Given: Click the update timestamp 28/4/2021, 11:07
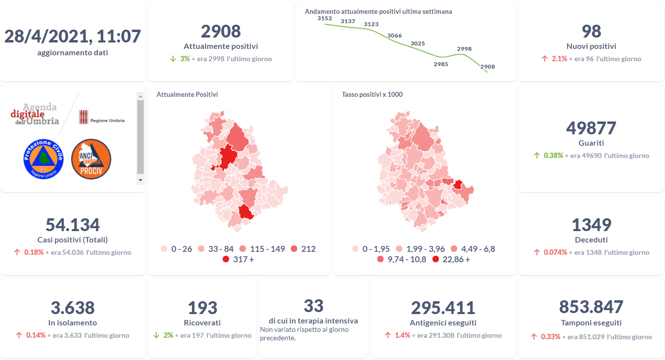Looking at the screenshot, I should (73, 36).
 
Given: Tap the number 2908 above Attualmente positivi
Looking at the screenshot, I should (221, 31).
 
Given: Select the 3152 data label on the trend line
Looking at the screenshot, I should (325, 18).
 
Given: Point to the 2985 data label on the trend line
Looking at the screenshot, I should (441, 64).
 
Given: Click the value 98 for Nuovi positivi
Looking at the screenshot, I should (591, 31).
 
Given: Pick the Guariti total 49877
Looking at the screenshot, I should (591, 128).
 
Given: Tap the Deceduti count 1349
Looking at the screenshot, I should (591, 225).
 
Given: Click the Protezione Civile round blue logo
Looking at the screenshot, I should (43, 159).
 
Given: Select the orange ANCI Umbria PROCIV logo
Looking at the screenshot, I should (91, 159).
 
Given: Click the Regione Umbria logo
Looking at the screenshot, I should (101, 118).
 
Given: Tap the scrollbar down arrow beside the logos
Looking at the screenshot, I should (141, 180).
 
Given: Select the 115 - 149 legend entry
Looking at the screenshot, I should (262, 249).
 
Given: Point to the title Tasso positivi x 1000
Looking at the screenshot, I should (372, 94).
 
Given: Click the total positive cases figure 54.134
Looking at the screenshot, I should (73, 225).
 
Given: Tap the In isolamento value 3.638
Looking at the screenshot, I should (73, 308).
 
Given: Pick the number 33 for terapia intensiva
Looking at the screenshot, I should (313, 306).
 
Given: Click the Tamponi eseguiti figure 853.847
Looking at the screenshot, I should (591, 307).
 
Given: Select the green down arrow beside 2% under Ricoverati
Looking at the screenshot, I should (156, 335).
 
